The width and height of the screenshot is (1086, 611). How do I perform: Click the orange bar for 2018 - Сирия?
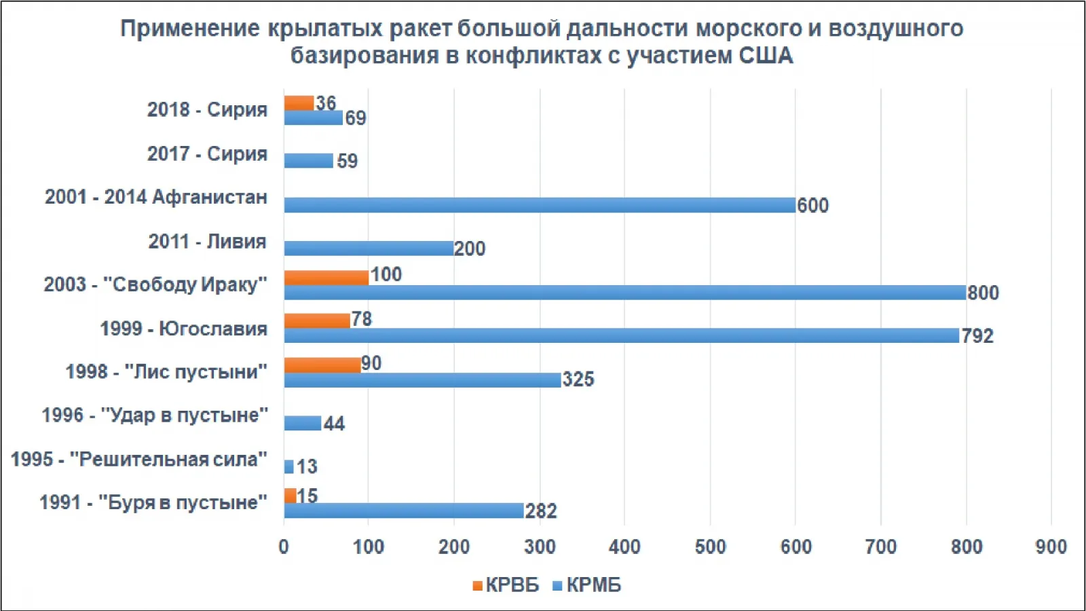point(299,103)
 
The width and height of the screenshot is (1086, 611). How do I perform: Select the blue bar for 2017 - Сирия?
point(308,161)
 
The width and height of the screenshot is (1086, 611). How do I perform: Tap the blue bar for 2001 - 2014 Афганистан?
point(539,205)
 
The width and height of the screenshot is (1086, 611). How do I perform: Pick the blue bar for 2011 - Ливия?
point(369,248)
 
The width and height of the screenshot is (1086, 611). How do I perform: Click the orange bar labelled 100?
point(326,278)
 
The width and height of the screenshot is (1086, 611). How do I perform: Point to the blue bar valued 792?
point(621,335)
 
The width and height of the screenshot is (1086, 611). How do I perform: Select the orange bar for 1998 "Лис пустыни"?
point(322,365)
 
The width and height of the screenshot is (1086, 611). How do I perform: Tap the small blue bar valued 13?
point(288,466)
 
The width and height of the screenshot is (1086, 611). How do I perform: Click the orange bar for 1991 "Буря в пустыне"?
point(290,496)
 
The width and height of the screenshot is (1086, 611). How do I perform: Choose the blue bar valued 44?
point(302,424)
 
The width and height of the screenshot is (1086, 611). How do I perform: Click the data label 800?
point(983,293)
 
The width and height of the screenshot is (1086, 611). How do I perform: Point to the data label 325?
point(578,379)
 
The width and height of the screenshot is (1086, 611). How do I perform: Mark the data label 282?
point(541,511)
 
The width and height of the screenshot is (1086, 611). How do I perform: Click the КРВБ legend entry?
point(506,585)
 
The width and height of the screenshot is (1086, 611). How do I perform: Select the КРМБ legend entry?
point(587,585)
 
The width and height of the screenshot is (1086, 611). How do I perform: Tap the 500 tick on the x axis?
point(710,547)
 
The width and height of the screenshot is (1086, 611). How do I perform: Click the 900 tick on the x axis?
point(1051,547)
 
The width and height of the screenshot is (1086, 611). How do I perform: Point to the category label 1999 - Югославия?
point(183,329)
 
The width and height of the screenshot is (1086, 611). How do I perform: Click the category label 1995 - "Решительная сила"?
point(138,460)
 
